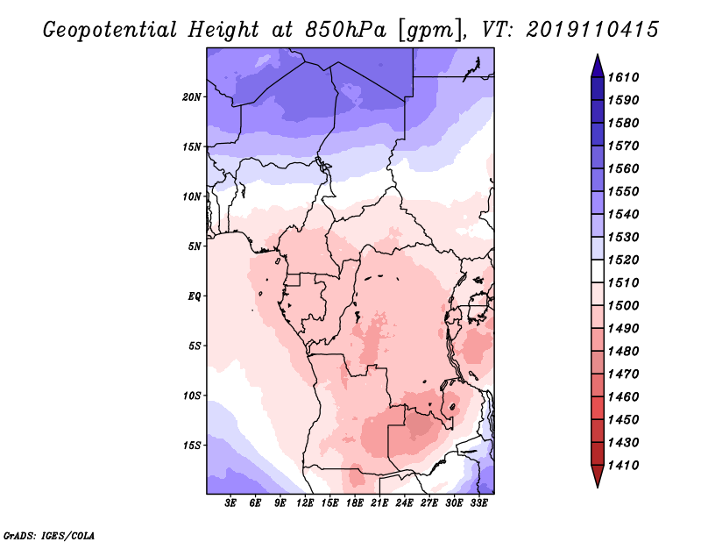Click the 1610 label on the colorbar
[x=624, y=77]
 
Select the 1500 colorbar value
[x=624, y=305]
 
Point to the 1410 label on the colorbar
[x=624, y=465]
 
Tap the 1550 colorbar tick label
[x=624, y=191]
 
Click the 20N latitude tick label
[x=192, y=97]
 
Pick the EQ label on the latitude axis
[x=195, y=296]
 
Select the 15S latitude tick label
[x=192, y=446]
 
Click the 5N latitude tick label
[x=195, y=246]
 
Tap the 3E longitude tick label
[x=230, y=503]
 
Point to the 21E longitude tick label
[x=379, y=503]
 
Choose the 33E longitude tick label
[x=478, y=503]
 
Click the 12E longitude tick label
[x=305, y=503]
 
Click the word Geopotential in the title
[x=110, y=30]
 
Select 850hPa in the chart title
[x=346, y=30]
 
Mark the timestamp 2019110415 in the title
[x=592, y=30]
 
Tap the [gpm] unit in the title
[x=430, y=31]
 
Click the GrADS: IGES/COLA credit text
[x=49, y=536]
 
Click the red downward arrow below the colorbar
[x=598, y=475]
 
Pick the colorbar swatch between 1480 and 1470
[x=598, y=362]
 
